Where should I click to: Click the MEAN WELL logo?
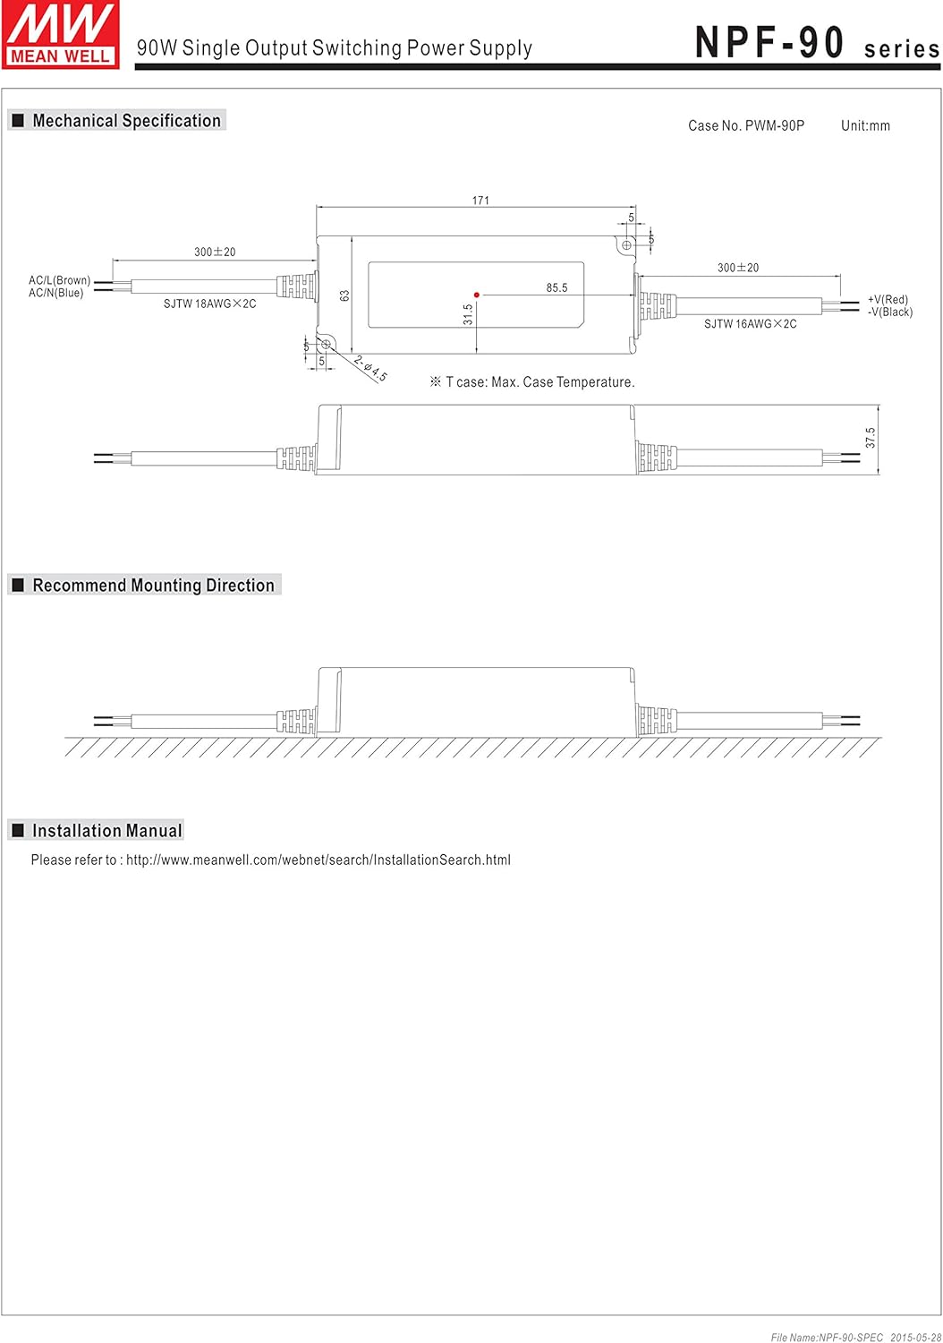pos(60,34)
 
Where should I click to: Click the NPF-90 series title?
pos(816,43)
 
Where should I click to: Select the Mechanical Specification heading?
pos(126,121)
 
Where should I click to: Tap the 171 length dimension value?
pos(480,201)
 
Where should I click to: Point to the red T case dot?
pos(477,295)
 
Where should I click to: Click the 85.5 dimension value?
pos(556,287)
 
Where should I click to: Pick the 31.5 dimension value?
pos(468,314)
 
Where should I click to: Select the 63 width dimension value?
pos(344,295)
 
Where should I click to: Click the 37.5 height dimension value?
pos(871,438)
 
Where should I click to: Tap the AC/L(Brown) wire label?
pos(59,280)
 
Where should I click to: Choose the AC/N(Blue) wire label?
pos(56,293)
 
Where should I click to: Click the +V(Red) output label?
pos(888,300)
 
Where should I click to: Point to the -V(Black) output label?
pos(890,312)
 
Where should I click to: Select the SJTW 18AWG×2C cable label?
pos(209,304)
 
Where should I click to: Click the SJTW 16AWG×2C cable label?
pos(750,324)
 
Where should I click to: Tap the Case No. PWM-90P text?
pos(745,125)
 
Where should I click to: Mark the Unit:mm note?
pos(865,125)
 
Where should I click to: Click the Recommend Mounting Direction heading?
pos(153,586)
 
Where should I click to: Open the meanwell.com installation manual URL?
pos(318,860)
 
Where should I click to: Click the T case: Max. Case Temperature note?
pos(539,382)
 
